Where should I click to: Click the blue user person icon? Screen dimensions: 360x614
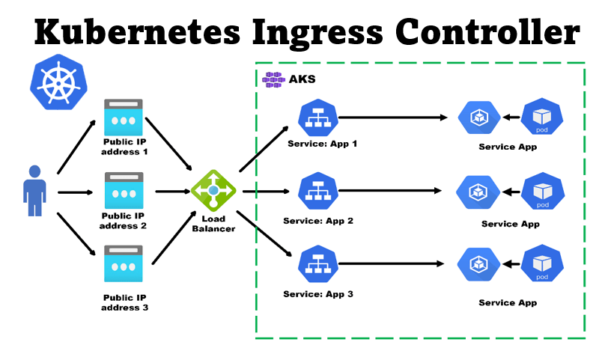point(34,191)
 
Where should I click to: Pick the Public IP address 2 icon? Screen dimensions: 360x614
point(124,190)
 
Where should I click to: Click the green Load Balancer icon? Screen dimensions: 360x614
point(213,191)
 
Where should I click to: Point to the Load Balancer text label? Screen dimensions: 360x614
point(213,224)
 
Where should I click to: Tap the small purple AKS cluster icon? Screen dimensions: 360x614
point(275,79)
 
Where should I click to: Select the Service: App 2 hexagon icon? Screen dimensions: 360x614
point(317,192)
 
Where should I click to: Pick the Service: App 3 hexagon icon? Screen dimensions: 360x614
point(317,264)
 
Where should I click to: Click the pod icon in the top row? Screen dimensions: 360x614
point(541,117)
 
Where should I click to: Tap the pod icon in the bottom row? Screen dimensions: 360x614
point(541,264)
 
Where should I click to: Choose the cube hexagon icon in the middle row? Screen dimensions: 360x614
point(477,192)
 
